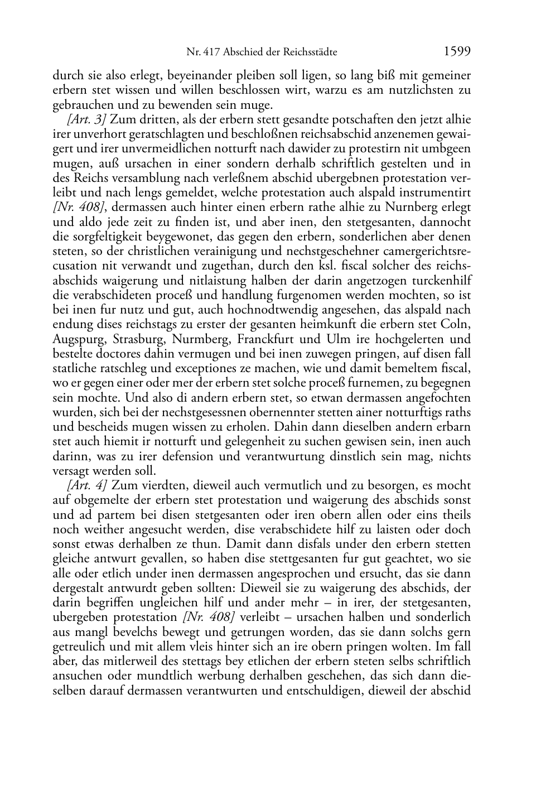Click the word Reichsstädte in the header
pos(310,53)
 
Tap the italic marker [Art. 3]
pos(83,120)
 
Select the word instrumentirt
pos(437,193)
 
